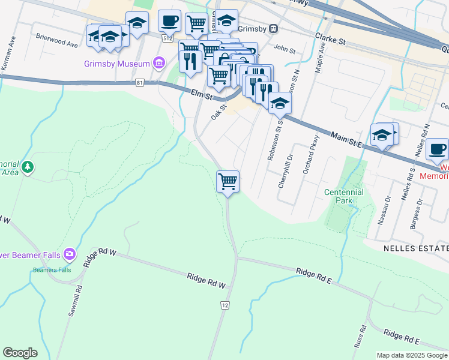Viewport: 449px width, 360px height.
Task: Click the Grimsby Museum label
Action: tap(116, 64)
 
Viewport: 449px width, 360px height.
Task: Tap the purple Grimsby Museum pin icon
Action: tap(159, 63)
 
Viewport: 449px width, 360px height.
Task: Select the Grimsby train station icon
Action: tap(273, 28)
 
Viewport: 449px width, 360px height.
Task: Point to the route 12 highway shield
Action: tap(224, 305)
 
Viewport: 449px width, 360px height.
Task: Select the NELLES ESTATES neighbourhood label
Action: tap(415, 248)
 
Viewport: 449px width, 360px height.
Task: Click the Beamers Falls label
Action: tap(52, 269)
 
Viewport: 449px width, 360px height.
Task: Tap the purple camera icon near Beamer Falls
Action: tap(70, 254)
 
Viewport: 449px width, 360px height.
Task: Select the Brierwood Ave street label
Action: tap(56, 44)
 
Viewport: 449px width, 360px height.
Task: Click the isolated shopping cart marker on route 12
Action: tap(228, 181)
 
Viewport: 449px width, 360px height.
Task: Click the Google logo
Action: tap(20, 353)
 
